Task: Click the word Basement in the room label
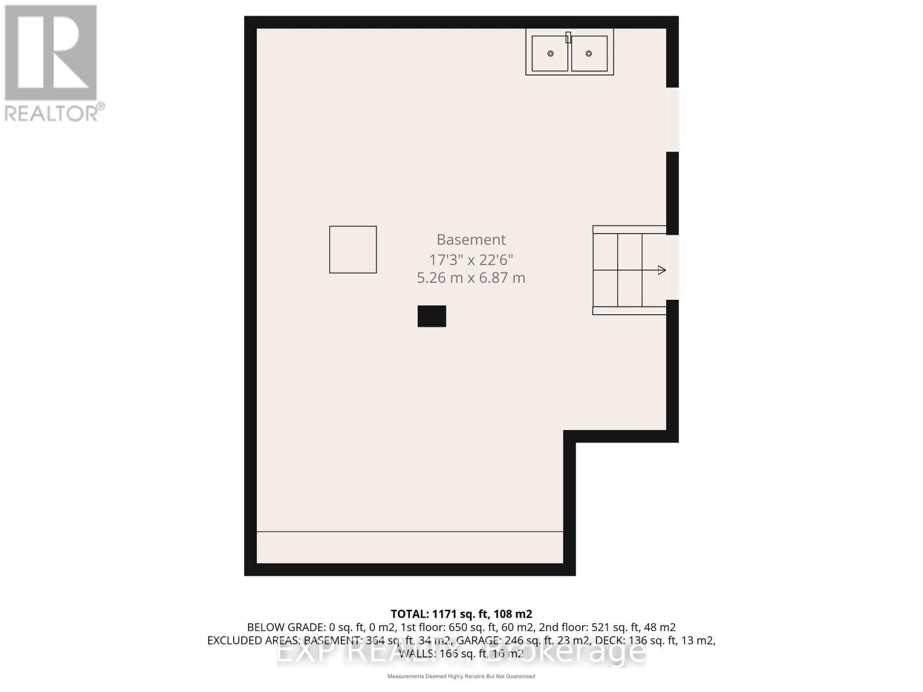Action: click(471, 239)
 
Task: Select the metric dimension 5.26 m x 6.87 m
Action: click(471, 277)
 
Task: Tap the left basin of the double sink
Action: click(550, 54)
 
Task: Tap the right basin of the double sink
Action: click(589, 54)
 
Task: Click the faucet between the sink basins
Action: click(568, 37)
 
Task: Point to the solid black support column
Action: click(432, 316)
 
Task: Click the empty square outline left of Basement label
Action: click(352, 249)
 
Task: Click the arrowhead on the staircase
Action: click(662, 270)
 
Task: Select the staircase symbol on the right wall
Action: click(629, 270)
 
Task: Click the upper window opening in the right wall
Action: click(673, 119)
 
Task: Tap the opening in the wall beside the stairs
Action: click(673, 267)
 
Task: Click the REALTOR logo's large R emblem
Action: click(51, 53)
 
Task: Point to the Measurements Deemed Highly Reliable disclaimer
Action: click(461, 676)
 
